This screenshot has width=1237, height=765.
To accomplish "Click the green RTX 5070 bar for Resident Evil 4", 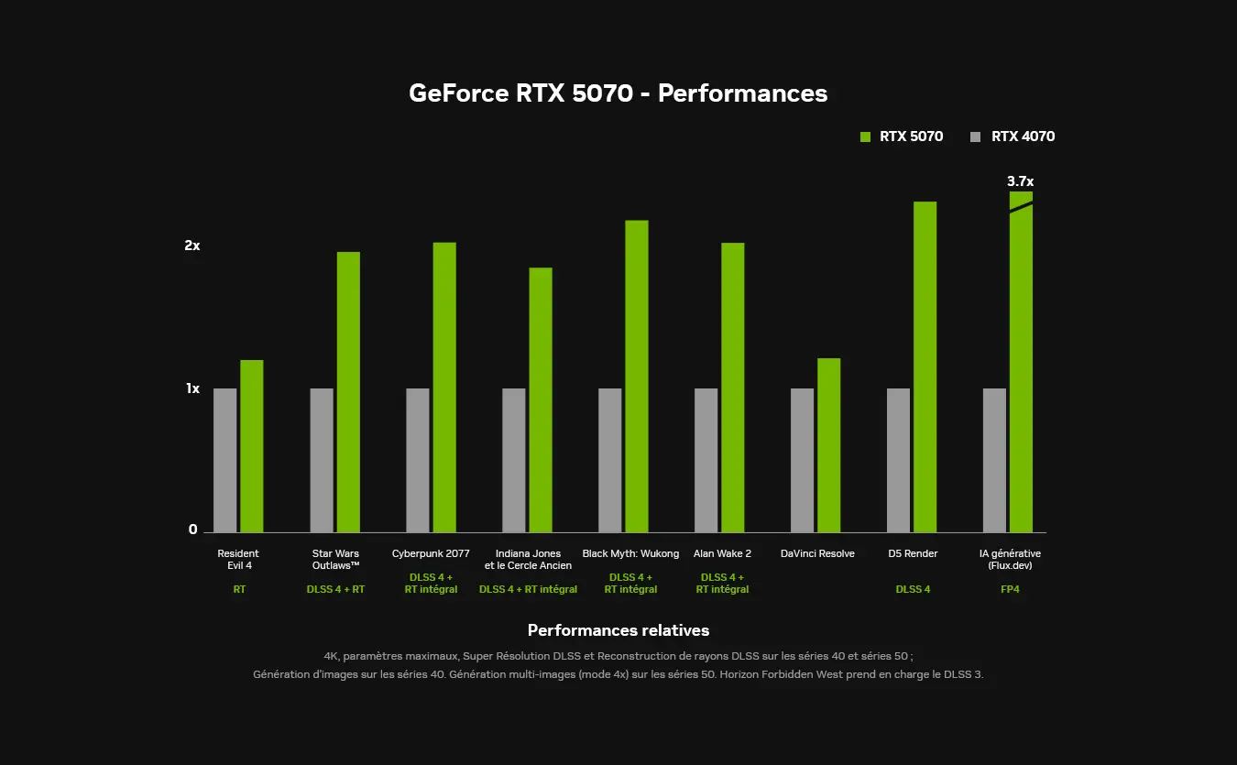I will click(251, 446).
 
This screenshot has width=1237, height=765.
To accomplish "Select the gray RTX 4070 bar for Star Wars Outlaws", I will click(322, 460).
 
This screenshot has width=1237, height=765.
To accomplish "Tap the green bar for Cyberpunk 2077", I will click(444, 387).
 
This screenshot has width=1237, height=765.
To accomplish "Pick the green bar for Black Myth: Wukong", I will click(637, 376).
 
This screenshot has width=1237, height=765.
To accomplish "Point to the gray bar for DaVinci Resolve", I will click(802, 460).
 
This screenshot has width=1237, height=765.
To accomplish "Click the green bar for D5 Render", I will click(925, 366).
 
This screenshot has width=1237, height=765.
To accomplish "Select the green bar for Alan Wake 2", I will click(732, 387).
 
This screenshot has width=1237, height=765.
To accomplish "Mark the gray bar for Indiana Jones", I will click(514, 460).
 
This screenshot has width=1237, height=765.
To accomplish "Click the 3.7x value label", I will click(1020, 181).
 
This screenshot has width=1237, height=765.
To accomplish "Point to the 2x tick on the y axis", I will click(192, 246).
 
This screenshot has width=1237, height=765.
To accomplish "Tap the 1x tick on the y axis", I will click(192, 388).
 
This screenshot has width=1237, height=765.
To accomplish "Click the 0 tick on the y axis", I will click(193, 530).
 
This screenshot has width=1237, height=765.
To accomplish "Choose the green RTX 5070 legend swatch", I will click(865, 137).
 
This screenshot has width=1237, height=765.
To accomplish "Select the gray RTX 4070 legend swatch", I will click(975, 137).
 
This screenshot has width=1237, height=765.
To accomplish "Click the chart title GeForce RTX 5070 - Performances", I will click(618, 93).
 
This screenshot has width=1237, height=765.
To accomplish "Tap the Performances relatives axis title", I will click(618, 630).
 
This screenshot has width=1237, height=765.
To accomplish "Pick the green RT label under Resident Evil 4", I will click(239, 589).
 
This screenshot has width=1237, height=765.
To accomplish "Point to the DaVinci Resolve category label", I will click(817, 553).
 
